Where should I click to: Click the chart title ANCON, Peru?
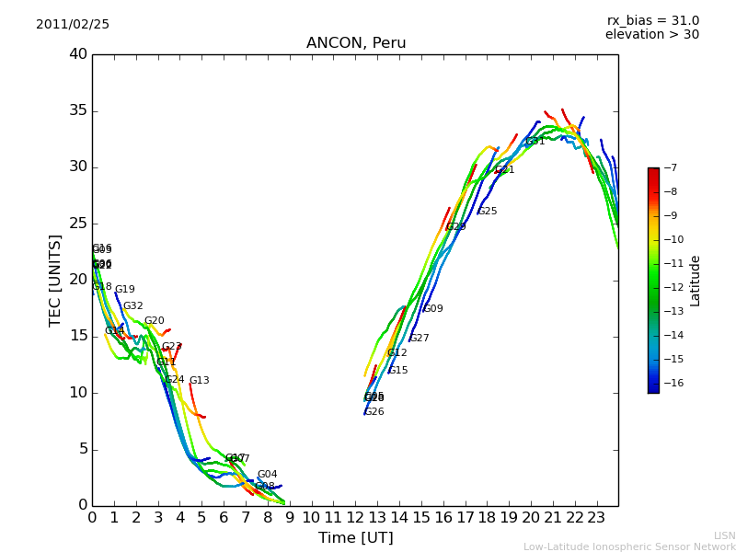[356, 43]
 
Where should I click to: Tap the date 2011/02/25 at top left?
[73, 24]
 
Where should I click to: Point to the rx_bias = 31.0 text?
[652, 20]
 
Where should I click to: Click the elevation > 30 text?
[651, 35]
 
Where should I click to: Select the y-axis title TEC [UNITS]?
[55, 280]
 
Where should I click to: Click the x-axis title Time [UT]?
[355, 538]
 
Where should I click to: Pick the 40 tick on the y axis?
[78, 54]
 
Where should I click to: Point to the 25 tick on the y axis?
[78, 224]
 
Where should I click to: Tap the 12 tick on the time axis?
[355, 517]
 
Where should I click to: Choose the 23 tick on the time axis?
[596, 517]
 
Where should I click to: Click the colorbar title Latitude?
[696, 281]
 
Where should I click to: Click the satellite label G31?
[535, 142]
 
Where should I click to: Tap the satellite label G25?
[487, 212]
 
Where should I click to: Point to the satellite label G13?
[199, 381]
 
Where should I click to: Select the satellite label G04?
[267, 475]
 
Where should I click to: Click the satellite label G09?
[432, 309]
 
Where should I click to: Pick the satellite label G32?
[132, 306]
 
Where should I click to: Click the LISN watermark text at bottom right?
[724, 535]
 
